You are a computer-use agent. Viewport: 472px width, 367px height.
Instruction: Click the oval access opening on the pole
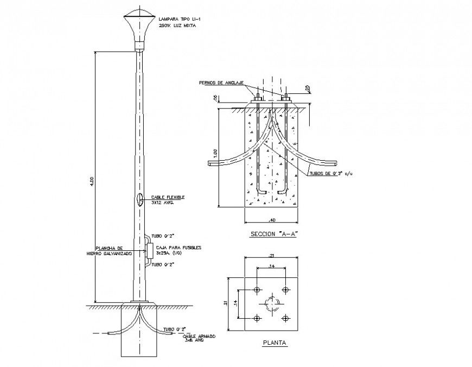pos(140,200)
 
